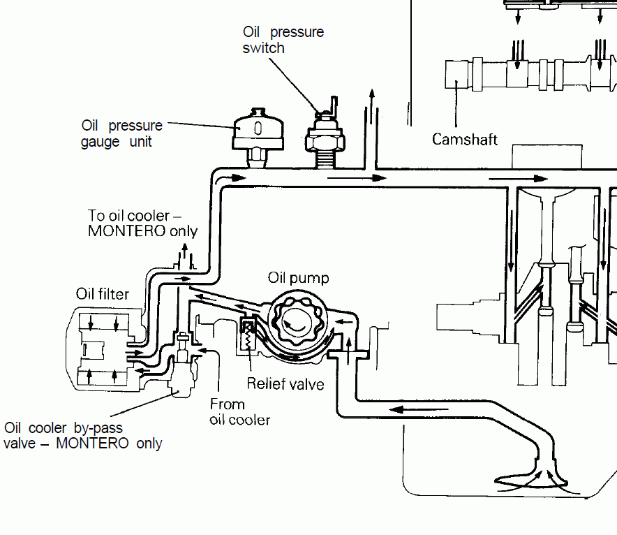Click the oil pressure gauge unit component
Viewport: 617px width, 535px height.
click(258, 138)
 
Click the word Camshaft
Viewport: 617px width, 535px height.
click(464, 140)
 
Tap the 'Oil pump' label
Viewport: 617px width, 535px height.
click(298, 277)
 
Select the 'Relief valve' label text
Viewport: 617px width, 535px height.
click(285, 384)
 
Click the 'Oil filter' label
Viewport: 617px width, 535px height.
click(103, 293)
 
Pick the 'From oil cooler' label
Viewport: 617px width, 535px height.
click(239, 412)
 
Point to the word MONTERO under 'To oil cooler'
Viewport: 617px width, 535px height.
click(126, 230)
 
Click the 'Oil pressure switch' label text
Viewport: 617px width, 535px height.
click(283, 40)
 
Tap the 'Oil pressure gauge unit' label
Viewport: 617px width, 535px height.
click(121, 133)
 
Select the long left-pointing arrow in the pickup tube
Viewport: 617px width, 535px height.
click(419, 409)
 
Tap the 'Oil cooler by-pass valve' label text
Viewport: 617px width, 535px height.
click(82, 435)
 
